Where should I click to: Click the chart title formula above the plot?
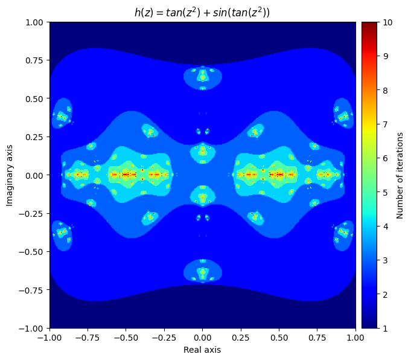click(202, 11)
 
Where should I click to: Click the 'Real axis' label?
click(202, 350)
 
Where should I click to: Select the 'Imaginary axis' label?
click(10, 175)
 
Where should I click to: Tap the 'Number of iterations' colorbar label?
click(400, 175)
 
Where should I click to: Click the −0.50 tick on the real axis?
click(126, 338)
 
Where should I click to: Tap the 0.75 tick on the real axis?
click(317, 338)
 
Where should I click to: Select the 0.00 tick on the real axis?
click(203, 338)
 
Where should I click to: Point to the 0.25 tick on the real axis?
click(241, 338)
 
